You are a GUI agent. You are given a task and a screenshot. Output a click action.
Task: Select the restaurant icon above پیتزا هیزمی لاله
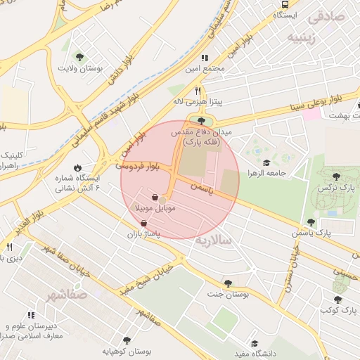pyautogui.click(x=198, y=90)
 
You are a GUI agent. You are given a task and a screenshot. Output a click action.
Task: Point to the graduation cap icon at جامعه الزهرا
pyautogui.click(x=266, y=163)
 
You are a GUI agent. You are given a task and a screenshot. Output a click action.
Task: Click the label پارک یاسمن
pyautogui.click(x=314, y=232)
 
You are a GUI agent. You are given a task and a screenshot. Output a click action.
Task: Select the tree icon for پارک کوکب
pyautogui.click(x=338, y=299)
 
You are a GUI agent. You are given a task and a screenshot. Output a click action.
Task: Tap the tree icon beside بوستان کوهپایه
pyautogui.click(x=127, y=338)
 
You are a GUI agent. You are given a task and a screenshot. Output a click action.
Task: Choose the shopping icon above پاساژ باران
pyautogui.click(x=144, y=223)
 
